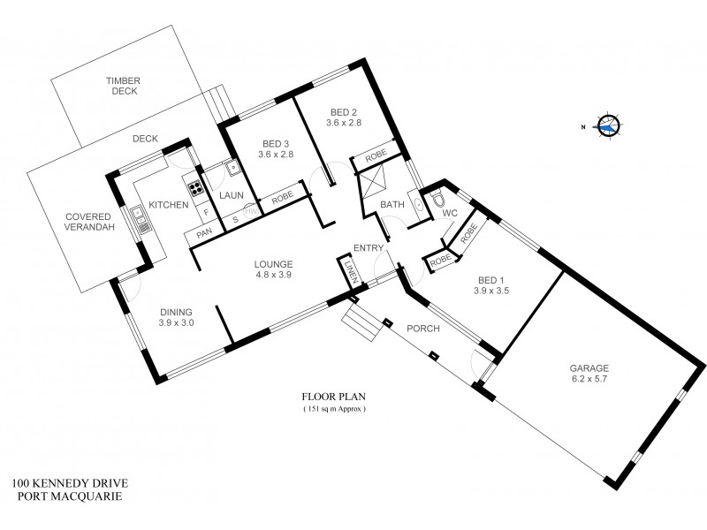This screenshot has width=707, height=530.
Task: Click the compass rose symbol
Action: click(607, 126)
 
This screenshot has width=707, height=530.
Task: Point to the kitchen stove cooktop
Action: click(192, 187)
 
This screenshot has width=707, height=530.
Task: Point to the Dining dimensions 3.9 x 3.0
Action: click(176, 322)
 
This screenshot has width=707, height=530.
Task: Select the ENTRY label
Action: click(366, 247)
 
